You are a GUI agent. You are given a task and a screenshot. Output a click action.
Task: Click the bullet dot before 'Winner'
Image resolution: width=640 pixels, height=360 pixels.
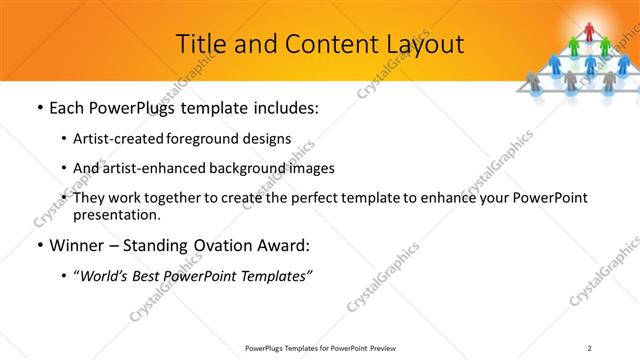[x=39, y=245]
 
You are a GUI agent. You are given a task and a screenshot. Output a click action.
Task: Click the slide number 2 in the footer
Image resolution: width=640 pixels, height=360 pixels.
[x=590, y=348]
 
